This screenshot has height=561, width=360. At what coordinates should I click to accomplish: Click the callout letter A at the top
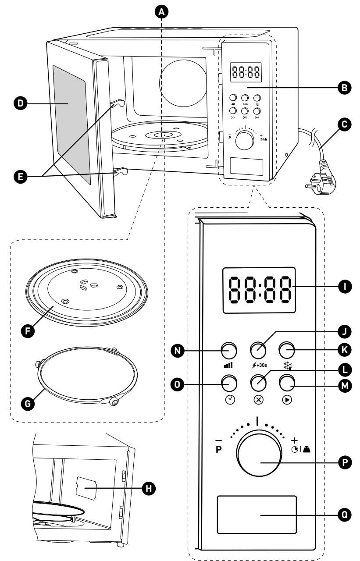click(x=162, y=11)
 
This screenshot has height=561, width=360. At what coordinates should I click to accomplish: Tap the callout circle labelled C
click(x=344, y=124)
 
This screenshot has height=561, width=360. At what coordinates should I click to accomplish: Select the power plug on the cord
click(x=321, y=178)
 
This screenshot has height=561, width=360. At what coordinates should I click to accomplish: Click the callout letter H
click(x=149, y=488)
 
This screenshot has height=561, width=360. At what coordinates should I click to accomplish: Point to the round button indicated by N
click(x=229, y=350)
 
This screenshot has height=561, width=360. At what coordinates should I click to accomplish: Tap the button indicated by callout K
click(x=287, y=350)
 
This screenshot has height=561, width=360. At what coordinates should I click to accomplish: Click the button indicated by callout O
click(x=229, y=383)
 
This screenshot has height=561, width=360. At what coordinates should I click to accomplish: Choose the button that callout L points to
click(x=258, y=383)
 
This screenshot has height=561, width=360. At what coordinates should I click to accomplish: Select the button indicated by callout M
click(x=287, y=383)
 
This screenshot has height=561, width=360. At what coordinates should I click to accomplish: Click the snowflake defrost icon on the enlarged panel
click(x=287, y=366)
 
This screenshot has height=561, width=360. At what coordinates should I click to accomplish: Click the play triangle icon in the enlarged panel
click(x=287, y=400)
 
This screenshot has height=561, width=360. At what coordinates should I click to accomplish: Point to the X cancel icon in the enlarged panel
click(x=259, y=400)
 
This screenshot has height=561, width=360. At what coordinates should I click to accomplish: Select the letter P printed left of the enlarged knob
click(x=218, y=450)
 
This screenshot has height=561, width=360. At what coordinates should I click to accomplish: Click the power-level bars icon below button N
click(x=228, y=365)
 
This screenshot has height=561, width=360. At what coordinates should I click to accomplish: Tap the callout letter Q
click(x=345, y=515)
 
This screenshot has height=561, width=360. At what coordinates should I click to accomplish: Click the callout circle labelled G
click(x=28, y=404)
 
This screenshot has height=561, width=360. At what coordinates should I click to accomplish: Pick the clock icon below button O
click(x=230, y=400)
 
